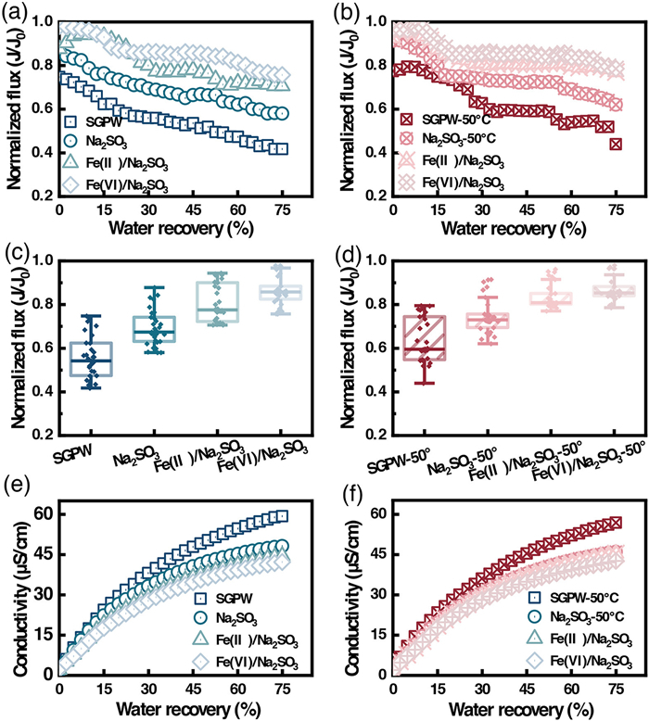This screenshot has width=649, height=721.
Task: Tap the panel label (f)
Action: (x=353, y=493)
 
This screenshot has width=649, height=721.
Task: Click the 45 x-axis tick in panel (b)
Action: (x=527, y=210)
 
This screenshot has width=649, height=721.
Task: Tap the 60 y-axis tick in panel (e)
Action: (x=45, y=514)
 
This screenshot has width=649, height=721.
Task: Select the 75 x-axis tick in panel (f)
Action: (x=616, y=689)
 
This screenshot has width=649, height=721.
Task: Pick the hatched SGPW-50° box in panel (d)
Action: (x=425, y=337)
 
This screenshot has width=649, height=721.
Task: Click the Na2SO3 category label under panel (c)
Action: (x=136, y=458)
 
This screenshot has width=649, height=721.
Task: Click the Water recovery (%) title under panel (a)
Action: (x=181, y=228)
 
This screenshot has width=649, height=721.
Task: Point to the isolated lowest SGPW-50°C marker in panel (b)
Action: (x=616, y=144)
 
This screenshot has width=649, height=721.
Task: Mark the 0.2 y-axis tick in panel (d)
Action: (x=376, y=436)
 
